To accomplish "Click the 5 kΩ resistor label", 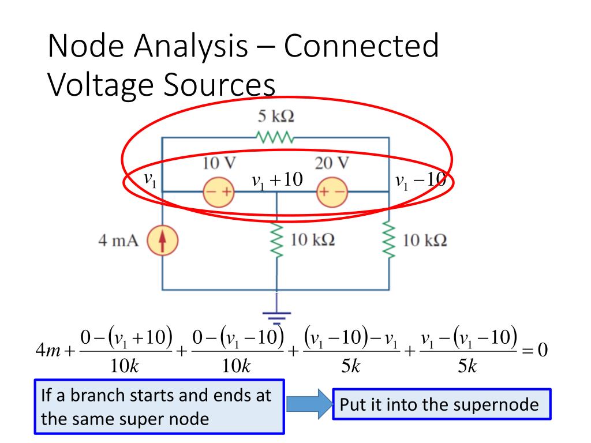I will pyautogui.click(x=275, y=117).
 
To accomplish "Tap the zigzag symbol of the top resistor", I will pyautogui.click(x=276, y=138).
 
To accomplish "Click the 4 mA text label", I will pyautogui.click(x=118, y=241).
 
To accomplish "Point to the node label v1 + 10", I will pyautogui.click(x=277, y=181).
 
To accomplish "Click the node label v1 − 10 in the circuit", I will pyautogui.click(x=420, y=181).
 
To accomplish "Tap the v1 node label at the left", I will pyautogui.click(x=149, y=181).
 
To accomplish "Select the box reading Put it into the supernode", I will pyautogui.click(x=442, y=404).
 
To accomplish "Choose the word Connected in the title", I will pyautogui.click(x=361, y=47).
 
